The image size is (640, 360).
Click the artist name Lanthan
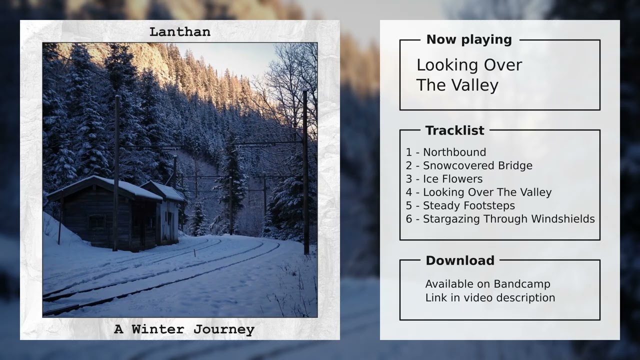tap(180, 32)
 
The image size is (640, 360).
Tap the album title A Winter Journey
tap(184, 329)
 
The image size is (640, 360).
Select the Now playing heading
tap(469, 40)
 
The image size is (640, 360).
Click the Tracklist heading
tap(454, 130)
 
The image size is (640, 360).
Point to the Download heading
tap(460, 260)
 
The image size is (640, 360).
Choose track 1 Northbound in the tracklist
tap(446, 152)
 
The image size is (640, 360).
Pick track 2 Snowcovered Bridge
tap(469, 165)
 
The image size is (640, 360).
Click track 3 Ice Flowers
tap(444, 179)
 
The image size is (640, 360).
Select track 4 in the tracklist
tap(478, 192)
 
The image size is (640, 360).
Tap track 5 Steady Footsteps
tap(460, 205)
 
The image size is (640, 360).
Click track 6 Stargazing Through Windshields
tap(500, 219)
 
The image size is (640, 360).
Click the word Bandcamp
tap(522, 284)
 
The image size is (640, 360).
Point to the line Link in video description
tap(490, 297)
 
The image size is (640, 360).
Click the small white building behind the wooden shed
tap(169, 215)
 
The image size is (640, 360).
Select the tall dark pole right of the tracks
tap(305, 170)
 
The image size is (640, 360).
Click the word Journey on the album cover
tap(224, 329)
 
